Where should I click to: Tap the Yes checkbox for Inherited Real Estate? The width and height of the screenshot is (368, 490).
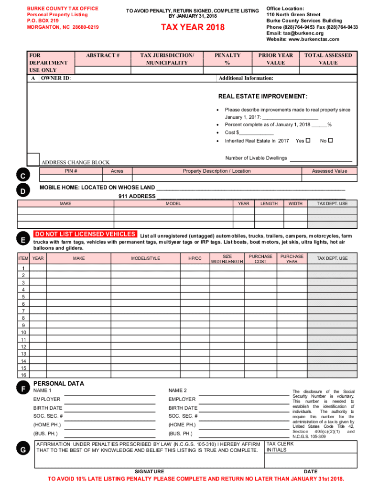(308, 141)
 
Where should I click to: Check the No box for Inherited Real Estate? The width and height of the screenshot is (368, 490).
(330, 141)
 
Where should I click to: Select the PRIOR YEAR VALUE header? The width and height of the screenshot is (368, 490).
(275, 59)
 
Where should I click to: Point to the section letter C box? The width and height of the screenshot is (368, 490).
(23, 176)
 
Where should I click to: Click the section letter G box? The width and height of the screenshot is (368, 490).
(23, 450)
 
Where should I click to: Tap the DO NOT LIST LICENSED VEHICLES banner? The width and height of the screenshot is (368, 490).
(85, 234)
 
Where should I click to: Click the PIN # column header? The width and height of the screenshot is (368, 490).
(71, 171)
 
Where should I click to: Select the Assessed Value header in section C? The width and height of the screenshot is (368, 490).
(329, 171)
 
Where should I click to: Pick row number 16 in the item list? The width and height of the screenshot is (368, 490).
(23, 375)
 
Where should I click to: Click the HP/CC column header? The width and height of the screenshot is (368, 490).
(195, 258)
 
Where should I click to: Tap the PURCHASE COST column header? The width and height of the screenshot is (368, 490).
(260, 258)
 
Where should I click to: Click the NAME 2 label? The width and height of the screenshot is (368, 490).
(177, 390)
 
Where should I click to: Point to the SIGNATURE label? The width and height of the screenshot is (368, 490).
(150, 472)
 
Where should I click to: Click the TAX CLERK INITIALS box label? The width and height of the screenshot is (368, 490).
(280, 447)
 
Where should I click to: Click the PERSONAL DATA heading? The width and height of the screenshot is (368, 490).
(58, 383)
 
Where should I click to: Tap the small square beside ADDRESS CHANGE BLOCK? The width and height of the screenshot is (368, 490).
(33, 159)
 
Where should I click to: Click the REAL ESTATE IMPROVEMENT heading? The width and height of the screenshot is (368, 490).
(263, 97)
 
